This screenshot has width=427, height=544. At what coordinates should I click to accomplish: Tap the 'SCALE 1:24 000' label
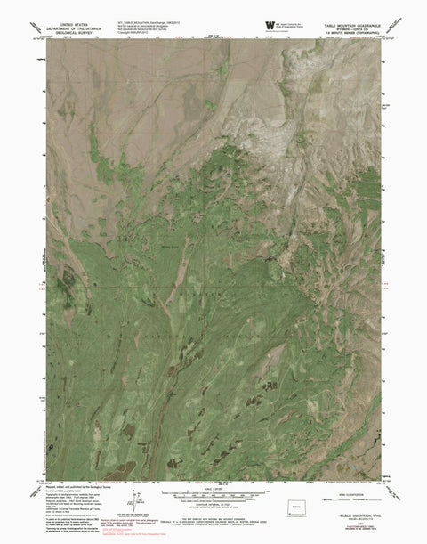click(213, 488)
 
